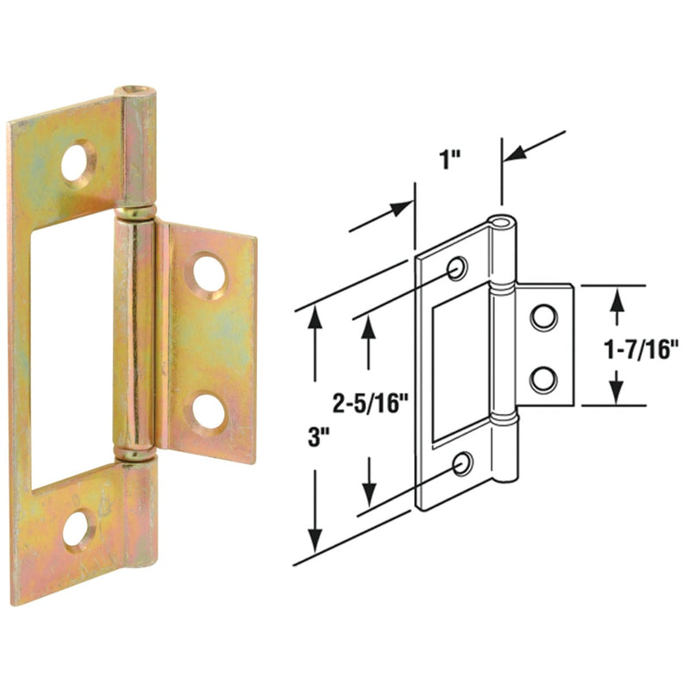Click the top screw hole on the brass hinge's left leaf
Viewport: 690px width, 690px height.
point(78,161)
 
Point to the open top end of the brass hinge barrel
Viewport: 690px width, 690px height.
point(139,91)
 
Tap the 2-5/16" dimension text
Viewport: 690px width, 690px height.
point(369,400)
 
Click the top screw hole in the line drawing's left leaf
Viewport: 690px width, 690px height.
point(457,267)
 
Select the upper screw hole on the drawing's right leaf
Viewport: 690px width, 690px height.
point(543,317)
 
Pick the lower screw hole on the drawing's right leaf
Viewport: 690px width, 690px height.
point(543,379)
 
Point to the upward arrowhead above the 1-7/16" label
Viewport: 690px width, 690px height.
point(618,299)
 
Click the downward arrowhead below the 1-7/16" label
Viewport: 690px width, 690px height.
point(618,392)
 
